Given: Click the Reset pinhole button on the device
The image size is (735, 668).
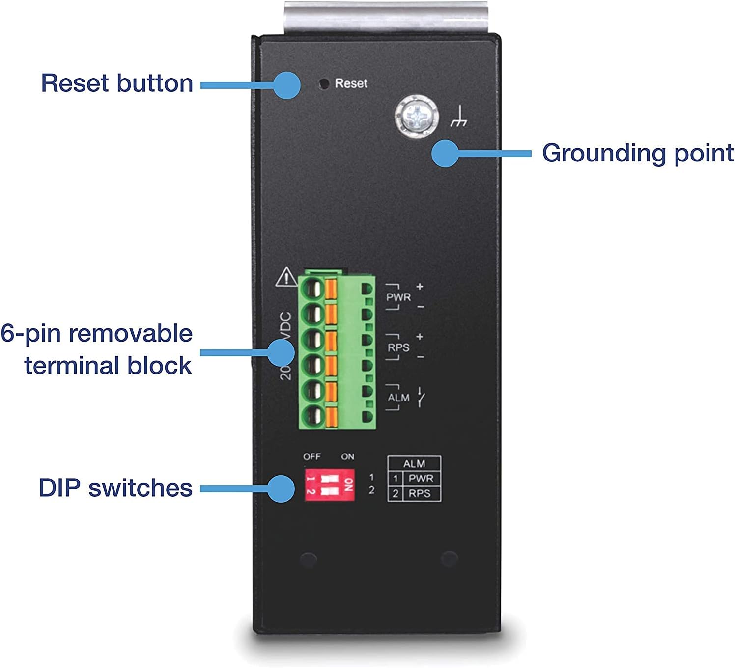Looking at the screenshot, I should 324,84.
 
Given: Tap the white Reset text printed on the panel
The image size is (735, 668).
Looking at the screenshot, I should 351,84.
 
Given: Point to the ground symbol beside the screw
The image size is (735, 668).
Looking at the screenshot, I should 458,117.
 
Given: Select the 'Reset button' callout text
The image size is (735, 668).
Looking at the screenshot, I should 117,83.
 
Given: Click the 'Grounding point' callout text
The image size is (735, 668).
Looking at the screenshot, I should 637,153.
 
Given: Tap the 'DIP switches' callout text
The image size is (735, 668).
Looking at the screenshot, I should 115,488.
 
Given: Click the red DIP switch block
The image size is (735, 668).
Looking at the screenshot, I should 329,484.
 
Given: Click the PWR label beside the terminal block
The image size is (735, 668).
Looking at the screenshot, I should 398,297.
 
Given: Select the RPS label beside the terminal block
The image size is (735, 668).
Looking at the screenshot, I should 398,348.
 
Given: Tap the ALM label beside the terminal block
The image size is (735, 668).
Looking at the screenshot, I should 398,398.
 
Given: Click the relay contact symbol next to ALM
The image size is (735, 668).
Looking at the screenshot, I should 421,397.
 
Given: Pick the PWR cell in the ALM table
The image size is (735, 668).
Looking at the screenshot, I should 421,479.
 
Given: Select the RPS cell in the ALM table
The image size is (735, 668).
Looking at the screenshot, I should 420,494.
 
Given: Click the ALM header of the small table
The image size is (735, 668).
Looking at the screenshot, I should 414,464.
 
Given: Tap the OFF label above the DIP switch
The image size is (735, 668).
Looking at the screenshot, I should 311,457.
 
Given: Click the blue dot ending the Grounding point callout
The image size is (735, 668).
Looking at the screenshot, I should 445,154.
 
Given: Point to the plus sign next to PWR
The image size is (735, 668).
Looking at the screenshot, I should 420,286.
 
